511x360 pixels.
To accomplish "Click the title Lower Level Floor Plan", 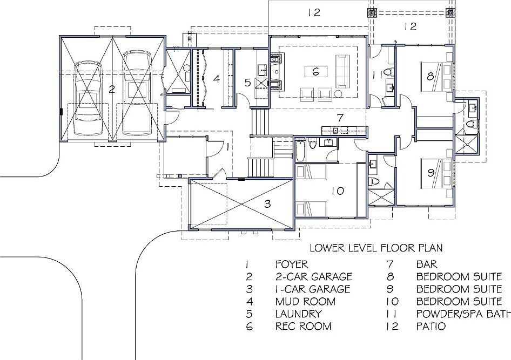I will coord(376,248).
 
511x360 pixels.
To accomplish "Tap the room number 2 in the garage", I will coord(112,90).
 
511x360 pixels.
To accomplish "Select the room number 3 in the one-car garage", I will coord(267,204).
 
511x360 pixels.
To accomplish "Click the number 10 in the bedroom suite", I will coord(338,191).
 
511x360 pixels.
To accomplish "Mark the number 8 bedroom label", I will coord(431,76).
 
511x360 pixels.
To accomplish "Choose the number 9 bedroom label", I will coord(431,173).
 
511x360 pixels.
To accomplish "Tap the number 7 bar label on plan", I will coord(340,118).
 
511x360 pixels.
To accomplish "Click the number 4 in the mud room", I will coord(216,79).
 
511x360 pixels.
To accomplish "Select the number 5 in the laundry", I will coord(247,83).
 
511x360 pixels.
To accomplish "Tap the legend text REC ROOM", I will coord(303,326).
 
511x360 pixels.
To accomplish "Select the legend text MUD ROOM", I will coord(305,301).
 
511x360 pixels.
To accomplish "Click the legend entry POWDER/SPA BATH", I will coord(463,314).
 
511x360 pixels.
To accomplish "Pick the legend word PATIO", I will coord(431,326).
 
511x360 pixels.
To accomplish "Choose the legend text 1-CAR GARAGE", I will coord(313,289).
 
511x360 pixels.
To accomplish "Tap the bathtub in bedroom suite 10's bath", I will coord(300,151).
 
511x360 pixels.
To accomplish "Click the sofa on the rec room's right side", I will coord(342,71).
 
